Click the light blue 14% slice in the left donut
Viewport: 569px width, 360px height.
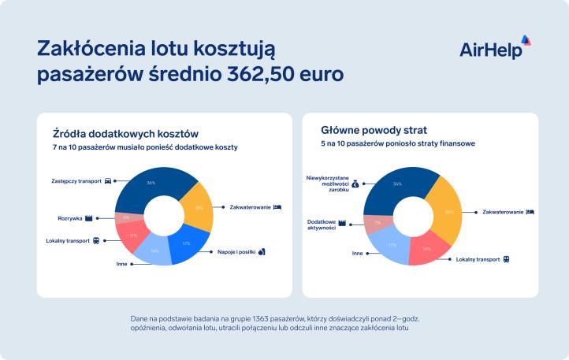[x=154, y=251]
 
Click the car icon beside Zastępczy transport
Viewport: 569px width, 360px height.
[x=108, y=180]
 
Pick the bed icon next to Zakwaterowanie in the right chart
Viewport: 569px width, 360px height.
[x=531, y=212]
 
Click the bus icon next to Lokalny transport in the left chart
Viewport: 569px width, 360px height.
[x=97, y=240]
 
